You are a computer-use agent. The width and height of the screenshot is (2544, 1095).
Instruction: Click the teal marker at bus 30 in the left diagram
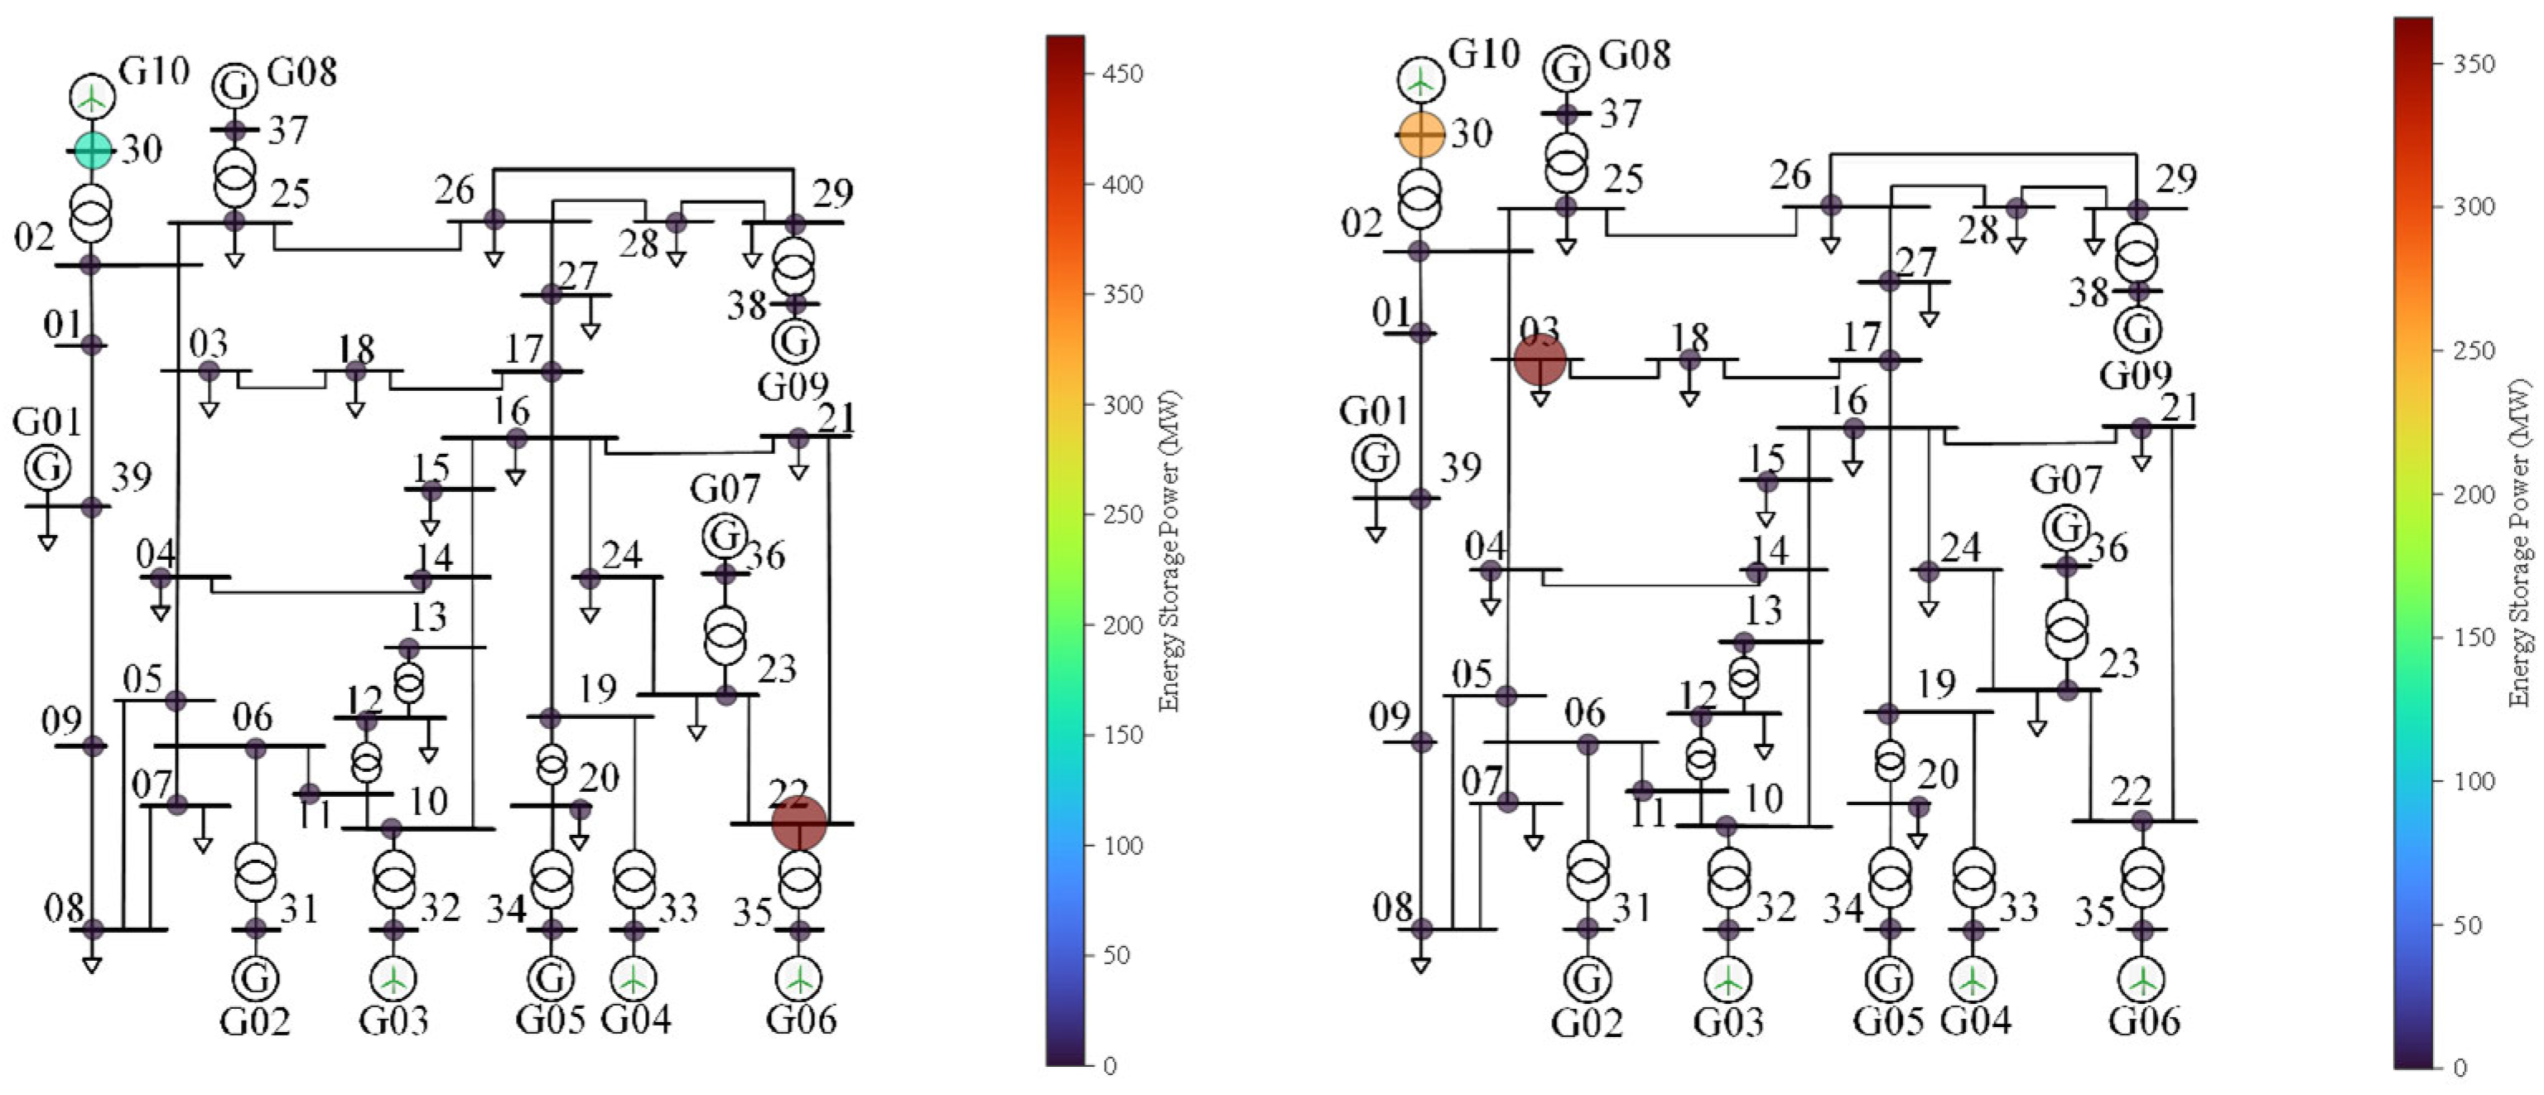pyautogui.click(x=93, y=150)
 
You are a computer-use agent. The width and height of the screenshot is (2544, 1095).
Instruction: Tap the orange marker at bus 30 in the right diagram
pyautogui.click(x=1421, y=134)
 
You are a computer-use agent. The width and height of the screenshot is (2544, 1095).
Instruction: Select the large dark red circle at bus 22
pyautogui.click(x=798, y=822)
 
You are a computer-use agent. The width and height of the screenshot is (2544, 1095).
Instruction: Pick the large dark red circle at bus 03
pyautogui.click(x=1539, y=359)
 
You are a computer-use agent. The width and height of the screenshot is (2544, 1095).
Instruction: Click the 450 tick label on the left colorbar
pyautogui.click(x=1123, y=74)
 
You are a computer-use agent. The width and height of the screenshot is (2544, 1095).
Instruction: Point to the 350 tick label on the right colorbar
pyautogui.click(x=2474, y=64)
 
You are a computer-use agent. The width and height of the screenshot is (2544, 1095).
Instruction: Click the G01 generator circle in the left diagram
pyautogui.click(x=46, y=468)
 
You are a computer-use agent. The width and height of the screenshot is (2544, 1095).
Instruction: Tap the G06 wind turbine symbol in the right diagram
pyautogui.click(x=2143, y=980)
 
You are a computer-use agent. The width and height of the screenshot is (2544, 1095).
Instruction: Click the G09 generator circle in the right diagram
pyautogui.click(x=2138, y=329)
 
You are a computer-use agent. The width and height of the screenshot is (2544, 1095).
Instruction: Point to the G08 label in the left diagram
pyautogui.click(x=301, y=72)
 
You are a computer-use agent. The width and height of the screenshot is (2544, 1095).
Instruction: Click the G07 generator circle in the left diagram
pyautogui.click(x=725, y=536)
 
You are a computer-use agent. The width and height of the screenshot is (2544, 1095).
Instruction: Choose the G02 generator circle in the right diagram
pyautogui.click(x=1587, y=980)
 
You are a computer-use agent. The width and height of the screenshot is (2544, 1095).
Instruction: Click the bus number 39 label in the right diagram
pyautogui.click(x=1460, y=467)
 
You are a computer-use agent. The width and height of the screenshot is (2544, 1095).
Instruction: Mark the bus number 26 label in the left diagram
pyautogui.click(x=455, y=190)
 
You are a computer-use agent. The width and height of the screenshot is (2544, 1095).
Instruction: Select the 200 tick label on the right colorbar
pyautogui.click(x=2474, y=494)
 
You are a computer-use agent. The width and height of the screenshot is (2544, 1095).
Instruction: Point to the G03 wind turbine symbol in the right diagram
pyautogui.click(x=1727, y=980)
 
